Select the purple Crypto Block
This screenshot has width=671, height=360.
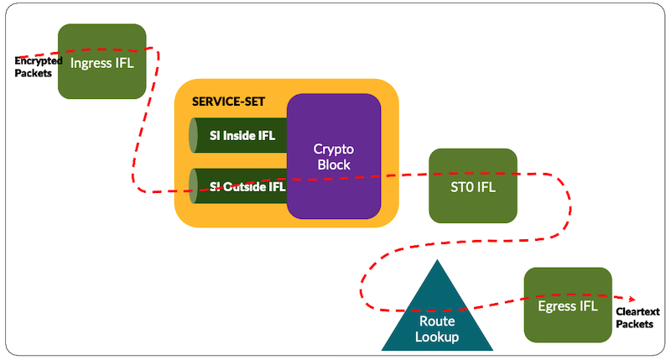(x=334, y=156)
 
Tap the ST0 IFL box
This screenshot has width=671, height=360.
(x=472, y=185)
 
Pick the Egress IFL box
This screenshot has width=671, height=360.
(x=567, y=305)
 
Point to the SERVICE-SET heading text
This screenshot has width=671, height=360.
(x=228, y=102)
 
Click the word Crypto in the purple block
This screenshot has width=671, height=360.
(x=334, y=149)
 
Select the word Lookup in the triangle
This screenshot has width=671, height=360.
(x=437, y=337)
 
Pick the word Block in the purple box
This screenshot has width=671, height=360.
(x=334, y=164)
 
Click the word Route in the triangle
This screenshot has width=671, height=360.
(x=437, y=321)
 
